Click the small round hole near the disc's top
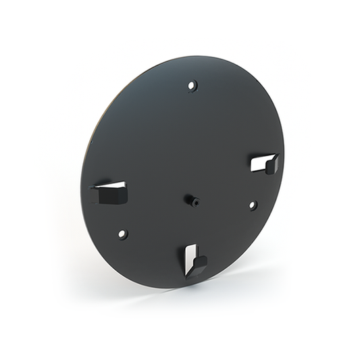[x=192, y=86]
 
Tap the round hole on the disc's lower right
[x=253, y=205]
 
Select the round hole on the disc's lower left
[x=122, y=234]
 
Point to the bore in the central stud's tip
[x=195, y=201]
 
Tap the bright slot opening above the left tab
[x=111, y=184]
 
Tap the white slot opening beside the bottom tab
[x=190, y=253]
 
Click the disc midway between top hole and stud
[x=192, y=143]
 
